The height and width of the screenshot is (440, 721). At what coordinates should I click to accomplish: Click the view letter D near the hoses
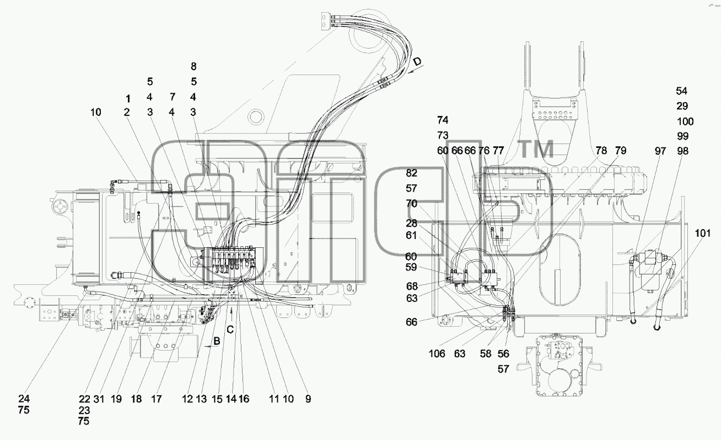coord(417,61)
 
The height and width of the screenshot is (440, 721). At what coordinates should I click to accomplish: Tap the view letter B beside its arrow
coord(217,341)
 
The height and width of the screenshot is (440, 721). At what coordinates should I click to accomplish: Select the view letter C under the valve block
coord(230,330)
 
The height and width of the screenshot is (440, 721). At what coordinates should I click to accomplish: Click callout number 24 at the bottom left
coord(24,399)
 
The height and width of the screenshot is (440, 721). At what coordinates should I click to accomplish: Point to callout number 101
coord(703,233)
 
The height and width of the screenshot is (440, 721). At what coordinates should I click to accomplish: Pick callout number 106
coord(437,354)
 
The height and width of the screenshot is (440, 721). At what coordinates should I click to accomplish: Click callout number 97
coord(660,151)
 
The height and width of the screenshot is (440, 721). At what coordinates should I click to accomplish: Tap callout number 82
coord(411,173)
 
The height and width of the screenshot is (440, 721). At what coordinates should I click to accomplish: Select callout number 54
coord(682,91)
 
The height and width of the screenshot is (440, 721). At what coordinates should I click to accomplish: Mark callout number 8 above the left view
coord(193,66)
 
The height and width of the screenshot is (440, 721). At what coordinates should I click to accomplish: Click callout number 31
coord(99,399)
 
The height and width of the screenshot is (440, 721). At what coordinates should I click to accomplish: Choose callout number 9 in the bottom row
coord(308,399)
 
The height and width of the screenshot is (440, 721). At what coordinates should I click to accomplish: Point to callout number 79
coord(621,151)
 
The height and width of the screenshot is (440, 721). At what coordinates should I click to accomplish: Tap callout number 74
coord(443,120)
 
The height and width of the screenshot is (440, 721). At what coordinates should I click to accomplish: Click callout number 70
coord(411,204)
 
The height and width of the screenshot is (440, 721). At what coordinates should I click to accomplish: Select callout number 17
coord(157,399)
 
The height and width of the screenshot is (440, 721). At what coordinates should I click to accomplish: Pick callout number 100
coord(685,121)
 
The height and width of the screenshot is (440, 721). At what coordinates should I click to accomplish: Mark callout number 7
coord(173,97)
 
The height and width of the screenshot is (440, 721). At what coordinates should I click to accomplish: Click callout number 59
coord(411,267)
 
